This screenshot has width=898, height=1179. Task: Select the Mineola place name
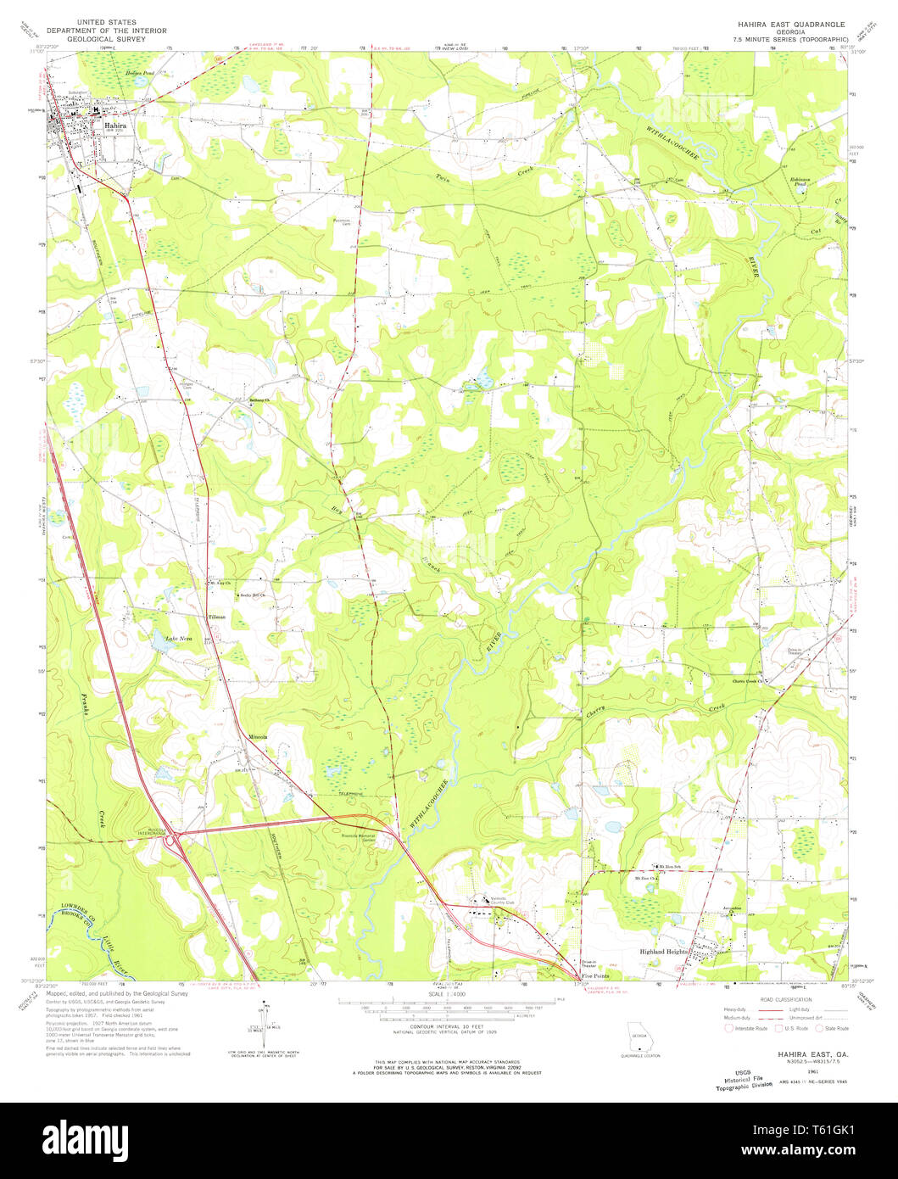coord(258,736)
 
